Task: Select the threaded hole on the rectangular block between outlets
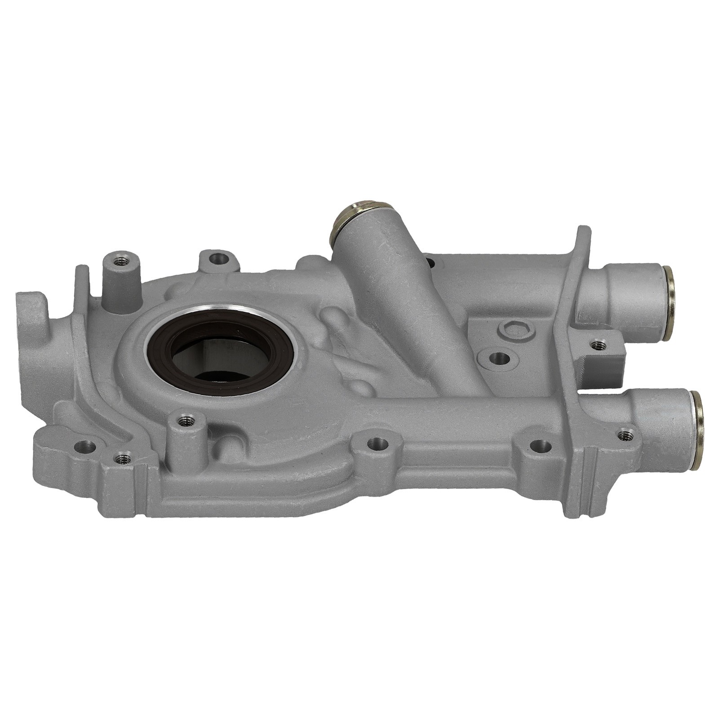(598, 345)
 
